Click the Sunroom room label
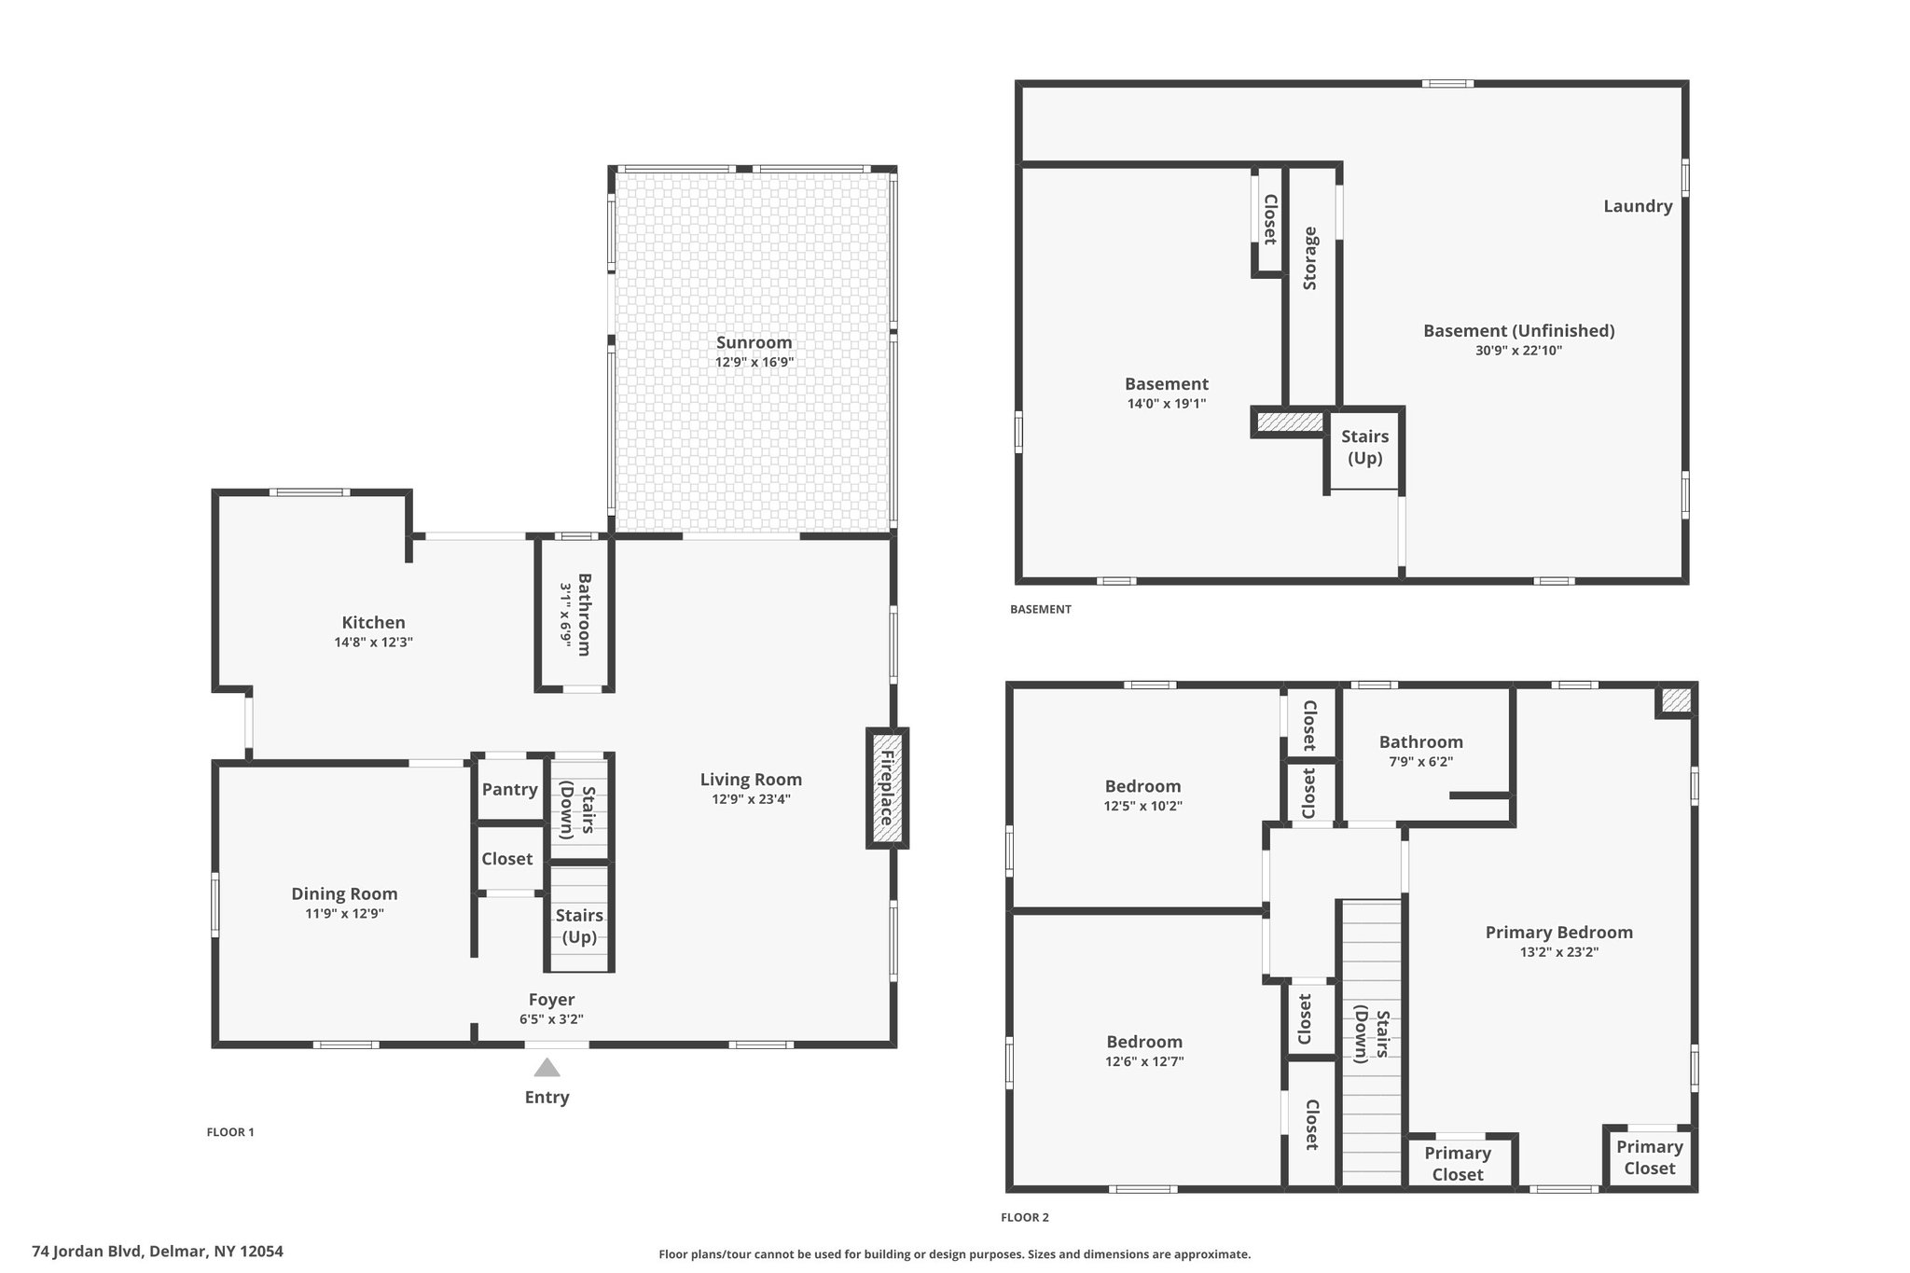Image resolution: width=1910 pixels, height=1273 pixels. click(754, 342)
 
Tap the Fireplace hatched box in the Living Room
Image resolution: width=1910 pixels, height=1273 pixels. click(887, 788)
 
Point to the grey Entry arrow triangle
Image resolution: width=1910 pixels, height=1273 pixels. click(547, 1067)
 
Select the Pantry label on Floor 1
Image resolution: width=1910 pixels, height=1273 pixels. click(509, 789)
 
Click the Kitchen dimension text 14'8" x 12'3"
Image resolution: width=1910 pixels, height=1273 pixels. click(373, 642)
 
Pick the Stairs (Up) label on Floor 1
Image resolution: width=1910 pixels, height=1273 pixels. click(579, 926)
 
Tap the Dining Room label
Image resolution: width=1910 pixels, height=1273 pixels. click(344, 893)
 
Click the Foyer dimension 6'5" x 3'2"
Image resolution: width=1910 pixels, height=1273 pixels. click(551, 1019)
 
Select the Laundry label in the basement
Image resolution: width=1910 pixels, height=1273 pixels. click(1638, 206)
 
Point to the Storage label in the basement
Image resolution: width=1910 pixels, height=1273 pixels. click(1310, 258)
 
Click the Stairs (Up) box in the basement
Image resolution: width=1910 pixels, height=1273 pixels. click(1364, 448)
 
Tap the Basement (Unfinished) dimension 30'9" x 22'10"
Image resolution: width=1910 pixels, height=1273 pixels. click(1518, 351)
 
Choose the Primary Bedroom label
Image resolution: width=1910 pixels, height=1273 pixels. click(1558, 932)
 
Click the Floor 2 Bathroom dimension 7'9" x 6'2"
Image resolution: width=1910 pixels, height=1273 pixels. click(1420, 761)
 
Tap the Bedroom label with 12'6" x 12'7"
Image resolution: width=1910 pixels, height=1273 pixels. click(1144, 1042)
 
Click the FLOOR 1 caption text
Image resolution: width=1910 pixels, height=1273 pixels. click(230, 1132)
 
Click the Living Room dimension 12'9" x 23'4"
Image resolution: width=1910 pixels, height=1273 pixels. click(751, 798)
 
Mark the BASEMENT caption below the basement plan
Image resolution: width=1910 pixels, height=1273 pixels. click(1041, 609)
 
